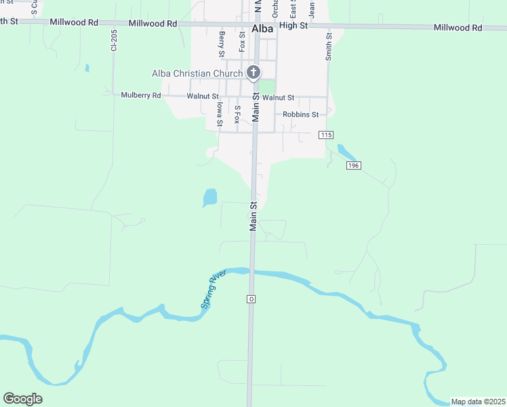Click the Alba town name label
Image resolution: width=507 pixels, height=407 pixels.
262,29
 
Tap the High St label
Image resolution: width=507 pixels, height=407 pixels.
293,25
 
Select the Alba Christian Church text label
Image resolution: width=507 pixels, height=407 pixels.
197,73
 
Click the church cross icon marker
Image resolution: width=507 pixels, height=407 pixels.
254,73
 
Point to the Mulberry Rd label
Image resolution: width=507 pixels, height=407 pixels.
141,96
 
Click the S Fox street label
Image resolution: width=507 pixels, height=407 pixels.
237,114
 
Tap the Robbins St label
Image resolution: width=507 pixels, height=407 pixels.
301,115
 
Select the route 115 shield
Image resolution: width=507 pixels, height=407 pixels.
327,135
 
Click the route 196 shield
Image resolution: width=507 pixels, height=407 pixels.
352,166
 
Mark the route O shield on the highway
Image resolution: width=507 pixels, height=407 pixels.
251,298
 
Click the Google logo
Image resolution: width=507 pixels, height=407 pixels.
22,399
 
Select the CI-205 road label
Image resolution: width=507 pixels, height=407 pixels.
115,41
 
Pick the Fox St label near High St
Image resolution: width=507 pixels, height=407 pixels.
242,41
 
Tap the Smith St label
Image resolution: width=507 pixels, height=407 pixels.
329,46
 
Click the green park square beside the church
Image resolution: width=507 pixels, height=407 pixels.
268,87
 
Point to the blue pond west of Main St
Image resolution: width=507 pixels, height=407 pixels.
210,197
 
